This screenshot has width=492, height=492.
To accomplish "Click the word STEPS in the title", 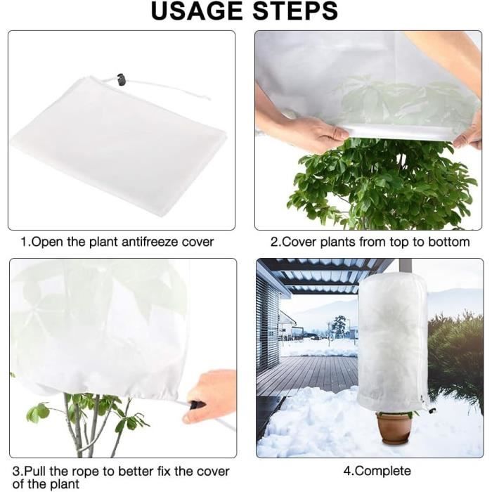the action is [295, 11].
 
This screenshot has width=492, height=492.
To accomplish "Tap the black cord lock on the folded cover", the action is [121, 79].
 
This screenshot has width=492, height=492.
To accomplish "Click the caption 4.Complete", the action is [377, 471].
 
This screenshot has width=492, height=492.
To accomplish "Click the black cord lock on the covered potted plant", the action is [432, 410].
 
